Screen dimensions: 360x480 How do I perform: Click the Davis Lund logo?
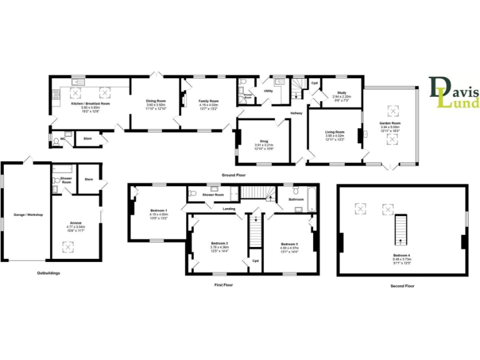click(454, 92)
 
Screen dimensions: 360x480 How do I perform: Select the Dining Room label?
click(156, 101)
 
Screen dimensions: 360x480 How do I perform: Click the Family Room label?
click(209, 101)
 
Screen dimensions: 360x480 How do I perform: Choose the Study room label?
click(341, 92)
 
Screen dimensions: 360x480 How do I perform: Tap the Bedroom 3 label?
click(288, 244)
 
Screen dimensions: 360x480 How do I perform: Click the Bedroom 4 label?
click(402, 256)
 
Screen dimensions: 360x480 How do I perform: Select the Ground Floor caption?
click(233, 175)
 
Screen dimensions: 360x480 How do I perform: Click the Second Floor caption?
click(401, 286)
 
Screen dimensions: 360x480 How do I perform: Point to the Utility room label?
click(268, 91)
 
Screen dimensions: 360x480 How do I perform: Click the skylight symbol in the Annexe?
click(67, 245)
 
